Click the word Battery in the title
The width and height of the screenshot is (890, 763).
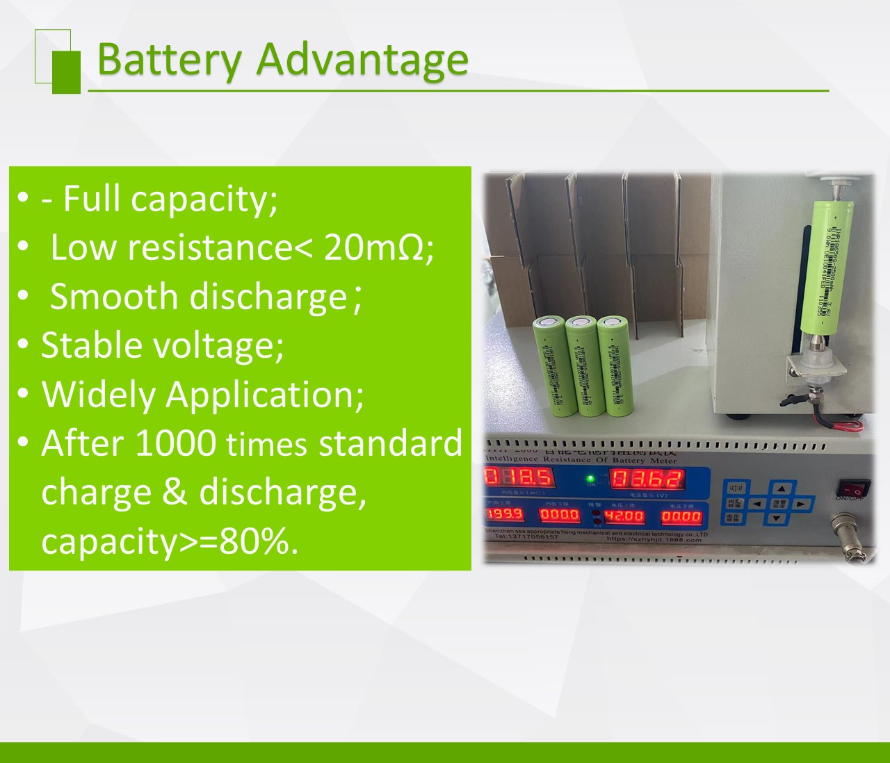tap(168, 59)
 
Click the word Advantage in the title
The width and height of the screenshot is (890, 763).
tap(362, 59)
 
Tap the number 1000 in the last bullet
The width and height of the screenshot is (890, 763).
tap(175, 443)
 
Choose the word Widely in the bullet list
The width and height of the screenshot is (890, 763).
tap(98, 394)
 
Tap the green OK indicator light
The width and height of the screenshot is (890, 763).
tap(590, 478)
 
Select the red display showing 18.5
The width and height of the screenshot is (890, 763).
tap(519, 477)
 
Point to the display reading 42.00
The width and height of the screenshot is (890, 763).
tap(624, 516)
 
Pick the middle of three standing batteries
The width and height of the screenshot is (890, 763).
tap(581, 367)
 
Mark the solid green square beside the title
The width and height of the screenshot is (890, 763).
tap(66, 71)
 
